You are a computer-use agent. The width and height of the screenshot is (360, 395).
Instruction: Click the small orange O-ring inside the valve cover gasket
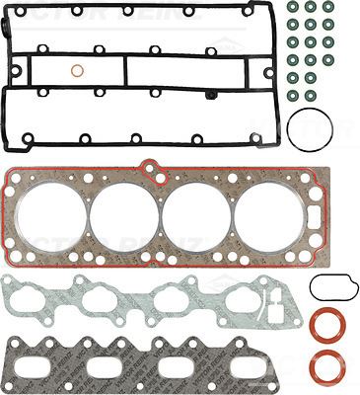coord(77,71)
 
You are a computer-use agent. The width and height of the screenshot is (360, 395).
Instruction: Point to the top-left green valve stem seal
coord(292,7)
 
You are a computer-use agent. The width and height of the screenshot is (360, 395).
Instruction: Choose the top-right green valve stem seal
coord(328,7)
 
